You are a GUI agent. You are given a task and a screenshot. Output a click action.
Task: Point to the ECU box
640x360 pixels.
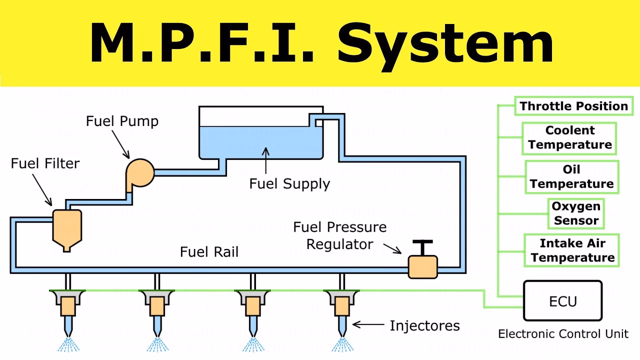pos(562,300)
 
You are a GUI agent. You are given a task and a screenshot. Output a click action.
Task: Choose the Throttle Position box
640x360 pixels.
pos(573,106)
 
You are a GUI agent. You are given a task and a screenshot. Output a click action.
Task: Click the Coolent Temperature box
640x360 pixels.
pos(569,137)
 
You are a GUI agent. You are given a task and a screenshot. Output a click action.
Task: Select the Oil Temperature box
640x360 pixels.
pos(571,176)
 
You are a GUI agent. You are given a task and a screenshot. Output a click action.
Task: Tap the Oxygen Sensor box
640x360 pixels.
pos(576,213)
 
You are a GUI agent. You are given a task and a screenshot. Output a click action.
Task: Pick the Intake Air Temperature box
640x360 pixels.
pos(572,250)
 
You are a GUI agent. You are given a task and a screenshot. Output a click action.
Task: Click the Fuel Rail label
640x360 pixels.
pos(209,251)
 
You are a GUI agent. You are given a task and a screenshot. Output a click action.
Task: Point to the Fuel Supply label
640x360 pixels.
pos(289,183)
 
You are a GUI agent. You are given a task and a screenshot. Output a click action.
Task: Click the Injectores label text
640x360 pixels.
pos(424,326)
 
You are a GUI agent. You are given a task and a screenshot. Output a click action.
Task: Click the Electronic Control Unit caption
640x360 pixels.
pos(563,334)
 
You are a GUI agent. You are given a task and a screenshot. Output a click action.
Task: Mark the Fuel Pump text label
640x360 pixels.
pos(122,121)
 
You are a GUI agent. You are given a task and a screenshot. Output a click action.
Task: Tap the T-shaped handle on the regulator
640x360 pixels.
pos(422,245)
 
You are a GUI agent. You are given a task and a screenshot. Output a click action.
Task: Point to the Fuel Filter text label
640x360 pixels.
pos(45,163)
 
